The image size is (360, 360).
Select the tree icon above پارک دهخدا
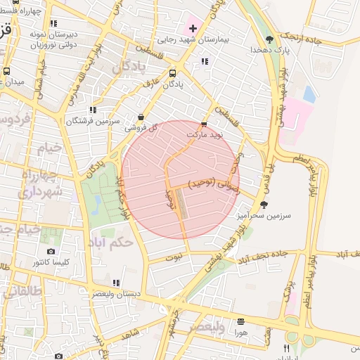270,39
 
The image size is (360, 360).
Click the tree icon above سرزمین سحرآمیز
264,205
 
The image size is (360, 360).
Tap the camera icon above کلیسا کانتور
51,251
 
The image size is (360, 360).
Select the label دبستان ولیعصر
116,294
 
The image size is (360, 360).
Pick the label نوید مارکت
204,133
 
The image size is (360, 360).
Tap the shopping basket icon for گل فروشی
141,117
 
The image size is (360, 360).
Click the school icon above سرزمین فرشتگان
93,110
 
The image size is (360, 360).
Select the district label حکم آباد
110,242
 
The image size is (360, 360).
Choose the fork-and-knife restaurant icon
286,348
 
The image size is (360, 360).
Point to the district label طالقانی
22,290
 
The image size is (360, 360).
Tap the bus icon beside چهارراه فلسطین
6,11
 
